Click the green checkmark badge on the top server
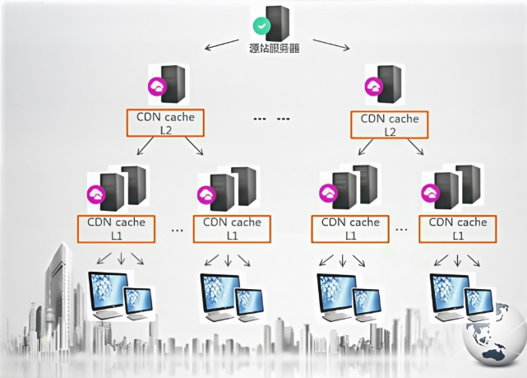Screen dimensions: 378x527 [x=259, y=26]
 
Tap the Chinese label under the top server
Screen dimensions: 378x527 [x=274, y=48]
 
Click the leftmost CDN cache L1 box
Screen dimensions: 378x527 [x=117, y=228]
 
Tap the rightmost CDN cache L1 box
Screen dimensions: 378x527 [x=459, y=228]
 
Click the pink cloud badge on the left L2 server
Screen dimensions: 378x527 [x=155, y=86]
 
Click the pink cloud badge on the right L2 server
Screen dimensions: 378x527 [x=375, y=86]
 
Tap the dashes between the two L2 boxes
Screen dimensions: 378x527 [x=272, y=119]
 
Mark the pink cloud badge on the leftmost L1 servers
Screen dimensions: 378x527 [x=96, y=194]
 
